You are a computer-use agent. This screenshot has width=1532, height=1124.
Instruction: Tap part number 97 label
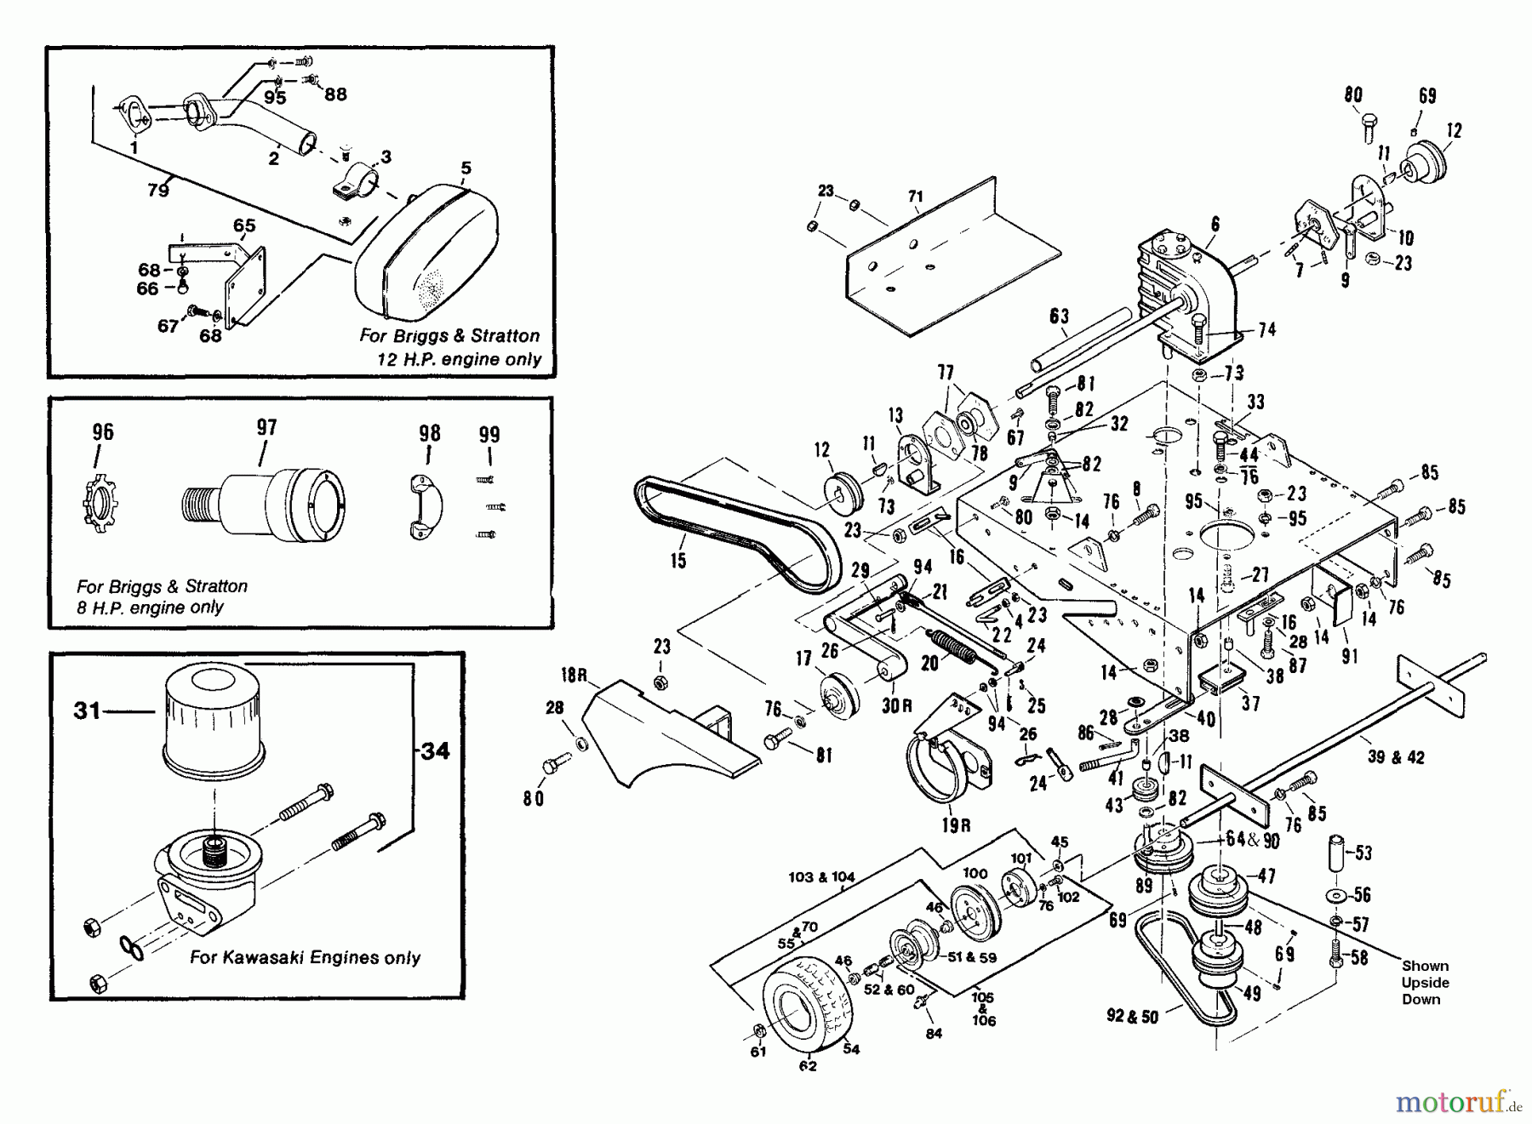(x=266, y=427)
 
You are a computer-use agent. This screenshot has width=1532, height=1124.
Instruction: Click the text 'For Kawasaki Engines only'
(x=305, y=957)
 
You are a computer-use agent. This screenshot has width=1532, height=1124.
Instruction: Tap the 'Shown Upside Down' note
(x=1425, y=982)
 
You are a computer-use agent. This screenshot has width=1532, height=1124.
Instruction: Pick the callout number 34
(x=435, y=750)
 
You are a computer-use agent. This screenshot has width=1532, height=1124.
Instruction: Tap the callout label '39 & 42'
(x=1396, y=757)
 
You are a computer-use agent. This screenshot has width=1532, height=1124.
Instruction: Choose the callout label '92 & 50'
(x=1132, y=1016)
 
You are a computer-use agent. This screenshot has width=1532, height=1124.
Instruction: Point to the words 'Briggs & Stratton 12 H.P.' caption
(x=449, y=347)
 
